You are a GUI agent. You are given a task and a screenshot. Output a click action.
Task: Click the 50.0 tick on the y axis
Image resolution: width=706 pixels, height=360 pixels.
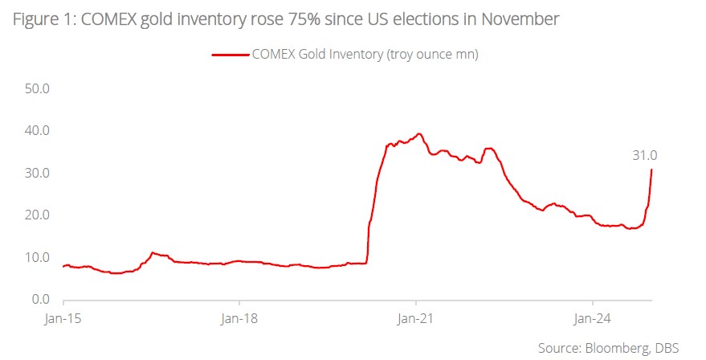35,88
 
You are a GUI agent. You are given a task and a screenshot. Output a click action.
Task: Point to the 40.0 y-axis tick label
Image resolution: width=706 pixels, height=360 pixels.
35,130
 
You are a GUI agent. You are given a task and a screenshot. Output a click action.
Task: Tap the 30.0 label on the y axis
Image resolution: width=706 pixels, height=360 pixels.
35,173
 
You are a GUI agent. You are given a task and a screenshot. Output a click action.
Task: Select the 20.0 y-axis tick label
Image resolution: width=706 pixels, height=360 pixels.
35,215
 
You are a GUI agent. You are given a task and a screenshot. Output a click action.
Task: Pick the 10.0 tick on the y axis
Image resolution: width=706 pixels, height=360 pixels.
35,257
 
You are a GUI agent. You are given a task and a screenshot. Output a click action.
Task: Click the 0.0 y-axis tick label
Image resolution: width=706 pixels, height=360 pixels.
39,300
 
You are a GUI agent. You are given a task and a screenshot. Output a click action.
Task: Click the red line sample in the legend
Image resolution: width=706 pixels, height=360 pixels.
231,55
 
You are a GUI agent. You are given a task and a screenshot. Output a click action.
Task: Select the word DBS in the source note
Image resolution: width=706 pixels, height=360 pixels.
667,347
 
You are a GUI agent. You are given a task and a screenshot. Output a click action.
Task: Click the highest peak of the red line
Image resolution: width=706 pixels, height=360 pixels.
418,133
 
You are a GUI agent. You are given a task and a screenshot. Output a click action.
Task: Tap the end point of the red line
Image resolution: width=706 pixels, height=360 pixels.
651,169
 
